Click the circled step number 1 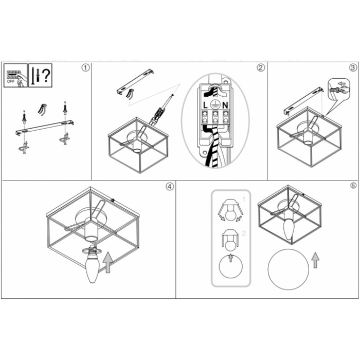coord(85,68)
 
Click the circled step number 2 coord(261,68)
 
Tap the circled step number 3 coord(353,67)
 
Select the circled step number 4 coord(170,187)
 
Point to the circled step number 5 coord(353,186)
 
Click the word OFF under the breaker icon coord(11,81)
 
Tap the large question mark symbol coord(46,76)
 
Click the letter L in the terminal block coord(205,105)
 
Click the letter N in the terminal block coord(225,105)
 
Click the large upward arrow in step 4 coord(107,262)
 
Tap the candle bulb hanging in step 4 coord(93,267)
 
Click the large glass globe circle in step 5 coord(288,269)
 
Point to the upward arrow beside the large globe coord(315,260)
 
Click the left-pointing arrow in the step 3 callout coord(342,83)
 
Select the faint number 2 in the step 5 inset coord(244,233)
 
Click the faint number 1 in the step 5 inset coord(244,199)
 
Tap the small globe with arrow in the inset coord(231,266)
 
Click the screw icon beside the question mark coord(33,76)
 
